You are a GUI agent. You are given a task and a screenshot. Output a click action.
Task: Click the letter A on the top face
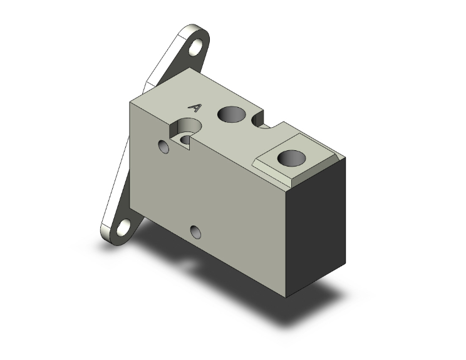click(195, 108)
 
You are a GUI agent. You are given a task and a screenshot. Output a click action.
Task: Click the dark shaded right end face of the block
click(319, 225)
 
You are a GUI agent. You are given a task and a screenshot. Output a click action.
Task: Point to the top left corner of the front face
click(131, 101)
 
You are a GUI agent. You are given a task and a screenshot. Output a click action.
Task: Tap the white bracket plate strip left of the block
click(122, 175)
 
